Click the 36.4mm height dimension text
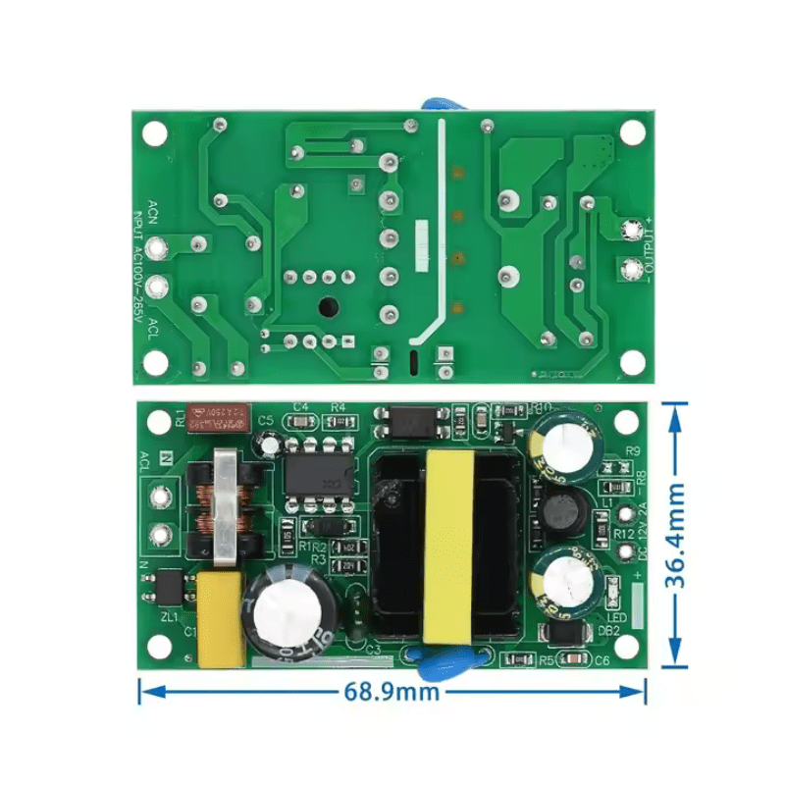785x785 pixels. (675, 536)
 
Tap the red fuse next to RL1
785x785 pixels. (221, 416)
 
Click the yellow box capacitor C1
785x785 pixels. (220, 620)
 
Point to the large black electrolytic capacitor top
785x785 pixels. (288, 615)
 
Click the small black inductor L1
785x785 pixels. (562, 510)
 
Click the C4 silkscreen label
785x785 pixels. (301, 406)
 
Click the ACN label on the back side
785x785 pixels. (152, 211)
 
